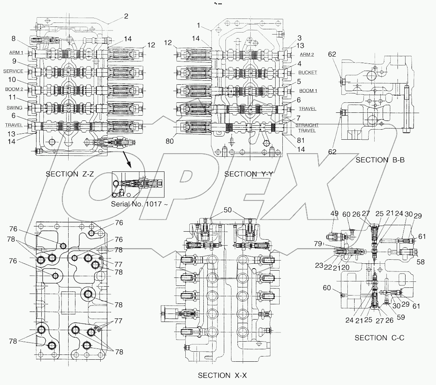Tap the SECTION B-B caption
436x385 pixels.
click(380, 160)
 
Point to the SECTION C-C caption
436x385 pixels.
click(379, 338)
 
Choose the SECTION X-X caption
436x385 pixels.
click(223, 376)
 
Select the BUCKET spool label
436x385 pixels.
click(308, 72)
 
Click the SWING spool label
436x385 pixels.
click(14, 107)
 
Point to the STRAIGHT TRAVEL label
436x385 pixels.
click(307, 128)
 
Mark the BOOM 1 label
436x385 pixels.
click(308, 91)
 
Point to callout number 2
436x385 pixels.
click(126, 16)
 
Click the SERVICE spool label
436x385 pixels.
click(13, 71)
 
